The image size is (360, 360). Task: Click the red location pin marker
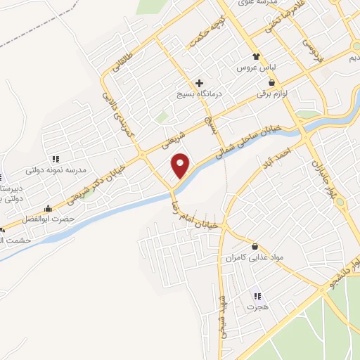coord(181,165)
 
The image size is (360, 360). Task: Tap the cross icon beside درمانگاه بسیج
coord(200,83)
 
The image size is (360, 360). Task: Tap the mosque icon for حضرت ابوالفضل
coord(48,208)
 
